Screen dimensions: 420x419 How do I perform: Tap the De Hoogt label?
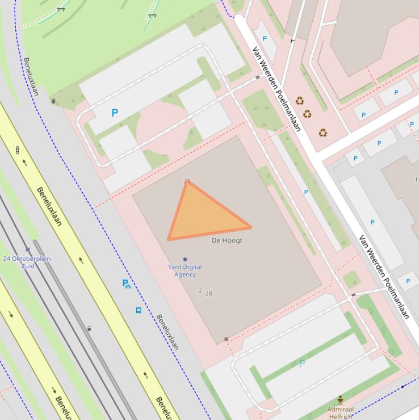(x=227, y=241)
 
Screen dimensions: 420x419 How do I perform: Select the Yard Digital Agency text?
(x=185, y=271)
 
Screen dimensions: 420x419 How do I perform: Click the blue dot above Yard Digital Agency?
(x=185, y=259)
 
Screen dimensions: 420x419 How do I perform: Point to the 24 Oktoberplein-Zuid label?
(x=27, y=262)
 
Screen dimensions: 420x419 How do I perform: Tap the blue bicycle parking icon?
(x=126, y=284)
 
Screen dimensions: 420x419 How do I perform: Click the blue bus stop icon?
(x=138, y=310)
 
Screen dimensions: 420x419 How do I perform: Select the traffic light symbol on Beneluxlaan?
(x=17, y=150)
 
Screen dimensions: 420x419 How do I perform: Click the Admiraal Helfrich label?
(x=341, y=413)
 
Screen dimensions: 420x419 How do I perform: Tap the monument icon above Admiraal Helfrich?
(x=341, y=400)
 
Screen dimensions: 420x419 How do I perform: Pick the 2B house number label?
(x=209, y=293)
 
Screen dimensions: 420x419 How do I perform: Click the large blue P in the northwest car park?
(x=114, y=113)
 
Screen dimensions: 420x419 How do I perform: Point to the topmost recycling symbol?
(x=300, y=101)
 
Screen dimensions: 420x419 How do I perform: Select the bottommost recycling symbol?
(x=323, y=133)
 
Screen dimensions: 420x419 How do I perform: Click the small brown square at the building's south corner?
(x=227, y=339)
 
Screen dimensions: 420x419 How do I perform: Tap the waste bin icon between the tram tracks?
(x=89, y=328)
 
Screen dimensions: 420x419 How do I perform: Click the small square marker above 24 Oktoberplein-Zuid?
(x=28, y=250)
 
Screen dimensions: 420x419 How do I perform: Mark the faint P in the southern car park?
(x=302, y=363)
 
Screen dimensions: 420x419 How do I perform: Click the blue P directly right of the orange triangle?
(x=306, y=192)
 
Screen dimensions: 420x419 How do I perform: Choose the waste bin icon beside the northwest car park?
(x=53, y=101)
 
